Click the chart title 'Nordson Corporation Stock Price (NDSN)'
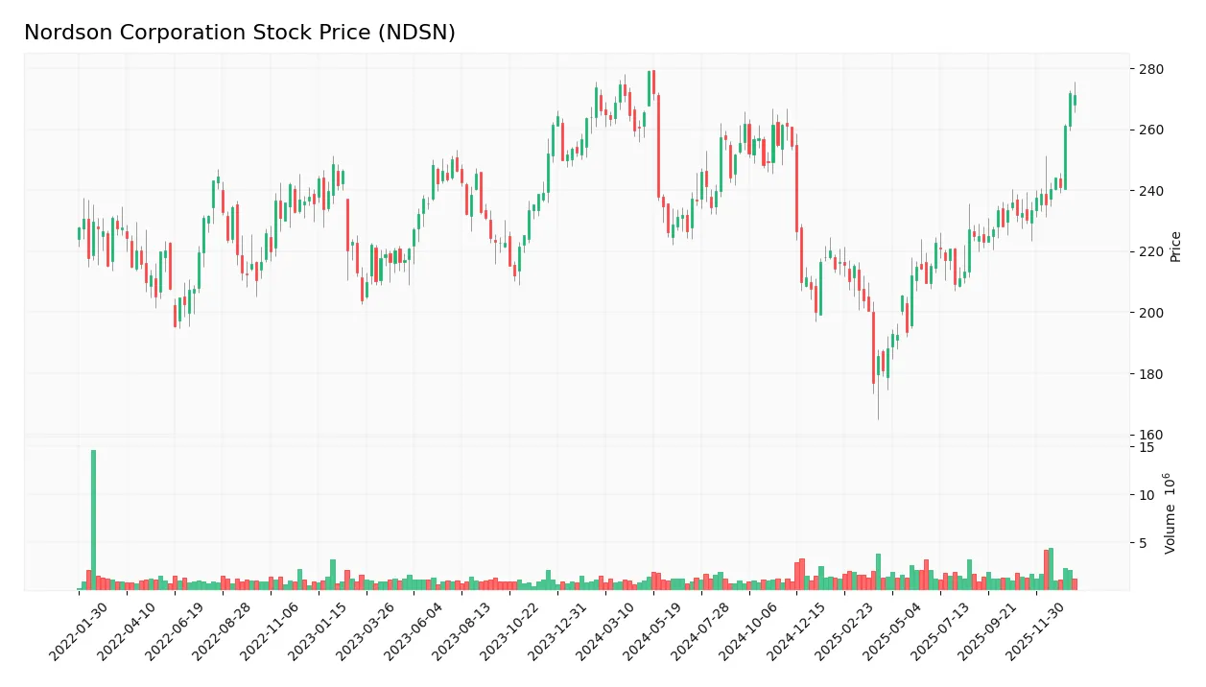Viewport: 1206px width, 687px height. [x=240, y=33]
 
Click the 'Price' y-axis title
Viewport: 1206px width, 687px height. [x=1176, y=247]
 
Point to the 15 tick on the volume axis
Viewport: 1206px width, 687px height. [x=1147, y=447]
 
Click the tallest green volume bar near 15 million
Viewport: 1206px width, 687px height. [x=93, y=519]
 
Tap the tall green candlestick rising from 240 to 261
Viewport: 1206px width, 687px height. [x=1065, y=157]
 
